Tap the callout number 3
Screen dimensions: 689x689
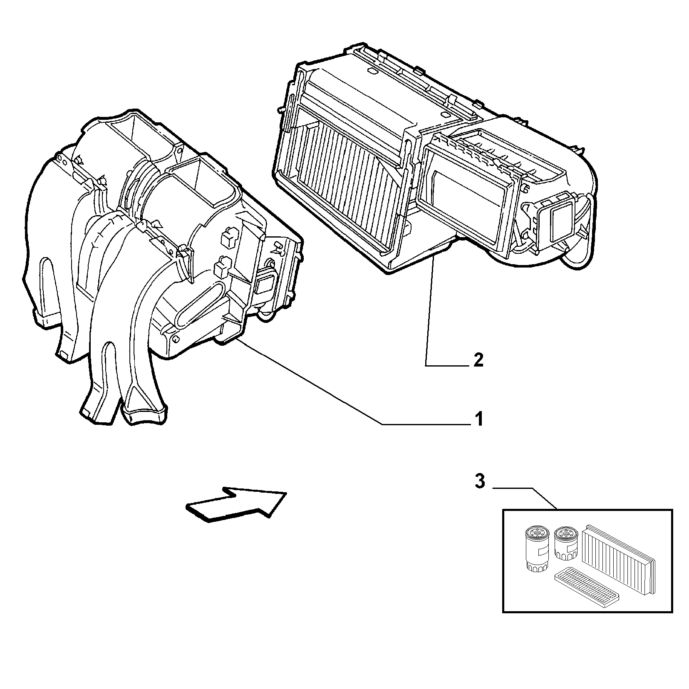[480, 482]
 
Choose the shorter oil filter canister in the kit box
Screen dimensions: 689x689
[565, 543]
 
